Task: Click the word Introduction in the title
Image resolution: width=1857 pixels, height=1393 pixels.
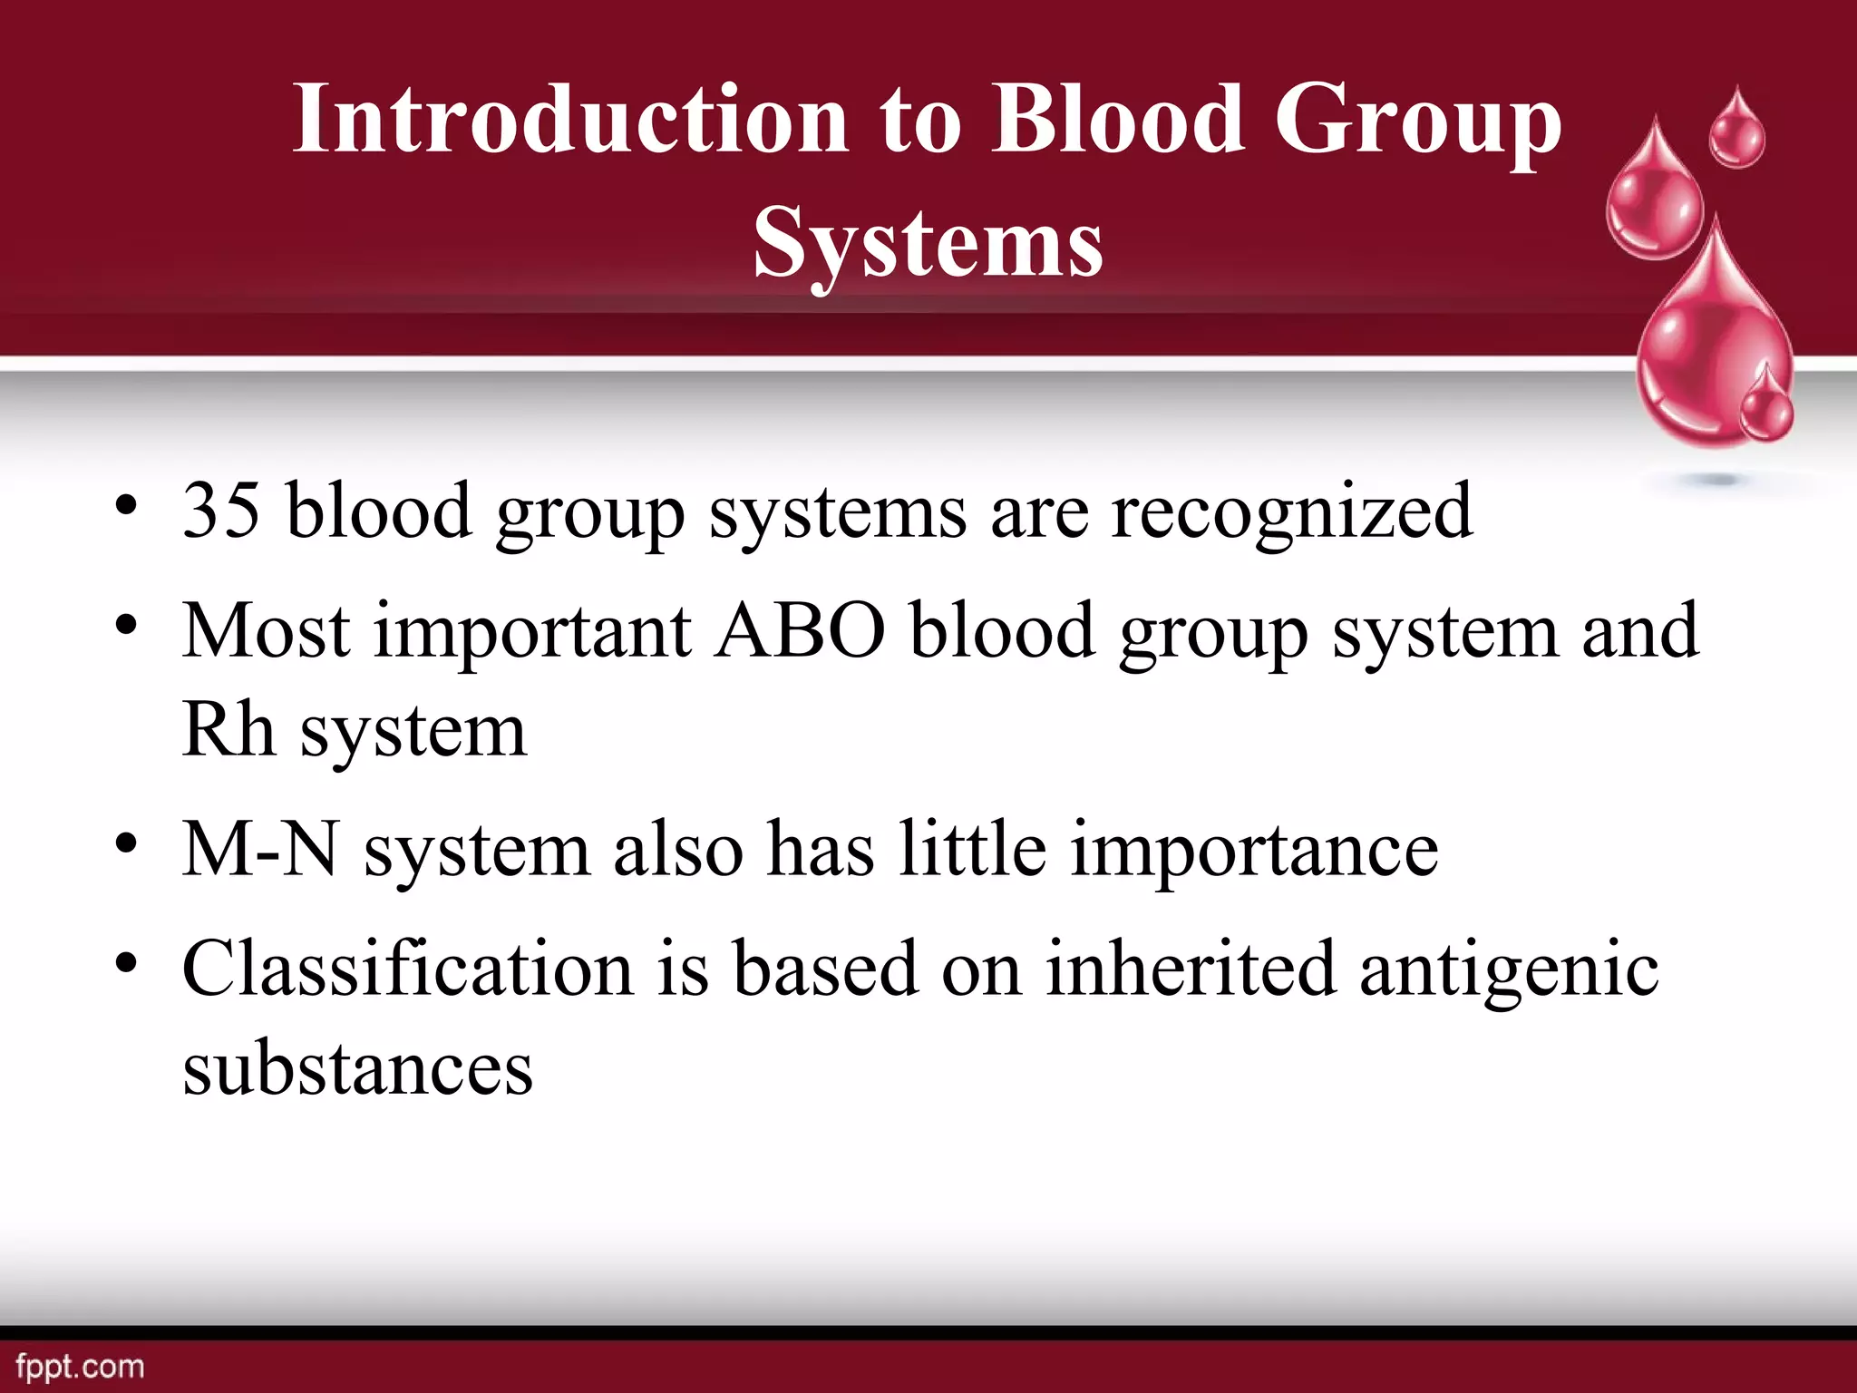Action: [x=569, y=119]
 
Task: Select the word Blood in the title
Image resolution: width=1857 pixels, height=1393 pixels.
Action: [x=1116, y=119]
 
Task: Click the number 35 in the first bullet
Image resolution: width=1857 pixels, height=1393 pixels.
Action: [x=220, y=511]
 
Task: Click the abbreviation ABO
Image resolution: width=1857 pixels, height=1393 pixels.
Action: [x=801, y=631]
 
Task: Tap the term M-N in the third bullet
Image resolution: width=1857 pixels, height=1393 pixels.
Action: [x=260, y=850]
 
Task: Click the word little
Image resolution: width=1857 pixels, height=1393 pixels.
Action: [x=972, y=850]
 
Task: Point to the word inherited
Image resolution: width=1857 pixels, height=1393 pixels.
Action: [x=1190, y=969]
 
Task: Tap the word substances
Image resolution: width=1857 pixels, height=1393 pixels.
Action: [x=357, y=1068]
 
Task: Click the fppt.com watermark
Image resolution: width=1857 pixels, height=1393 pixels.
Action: [x=80, y=1367]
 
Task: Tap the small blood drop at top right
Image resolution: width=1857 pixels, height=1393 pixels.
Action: [x=1736, y=132]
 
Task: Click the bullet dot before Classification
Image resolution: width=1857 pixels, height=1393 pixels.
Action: [x=126, y=962]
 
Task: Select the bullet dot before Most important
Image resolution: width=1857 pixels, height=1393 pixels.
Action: [x=126, y=625]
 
